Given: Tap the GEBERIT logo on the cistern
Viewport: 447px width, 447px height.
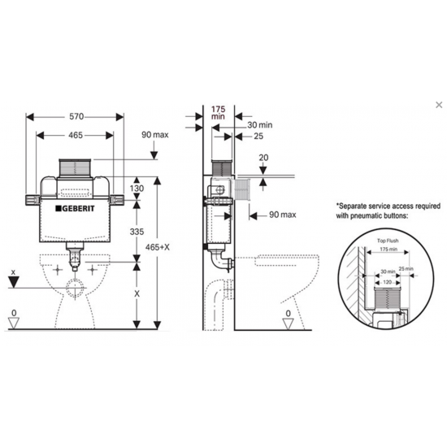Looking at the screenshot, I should coord(79,210).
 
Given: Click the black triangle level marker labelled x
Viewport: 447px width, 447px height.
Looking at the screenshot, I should coord(12,283).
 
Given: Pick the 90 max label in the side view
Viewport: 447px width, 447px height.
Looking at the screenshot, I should coord(276,215).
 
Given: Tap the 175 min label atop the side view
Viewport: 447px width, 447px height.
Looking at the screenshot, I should coord(217,112).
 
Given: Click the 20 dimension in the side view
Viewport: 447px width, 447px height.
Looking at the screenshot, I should coord(263,158).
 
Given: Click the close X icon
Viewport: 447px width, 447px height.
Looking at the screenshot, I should coord(439,105).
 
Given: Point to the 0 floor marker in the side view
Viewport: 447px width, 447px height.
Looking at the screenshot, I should coord(286,313).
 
